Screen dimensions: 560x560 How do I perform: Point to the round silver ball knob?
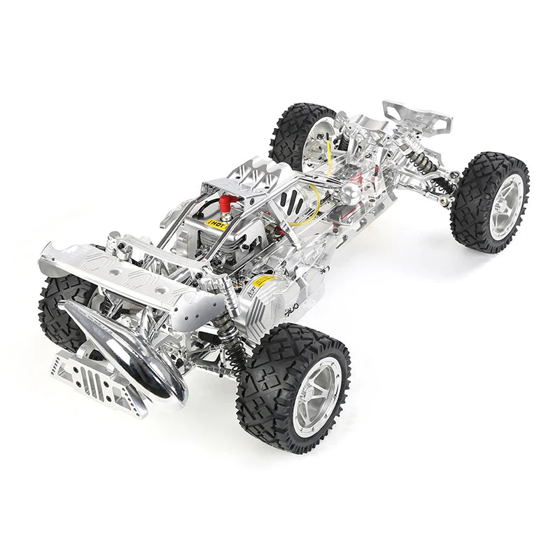click(x=350, y=194)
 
